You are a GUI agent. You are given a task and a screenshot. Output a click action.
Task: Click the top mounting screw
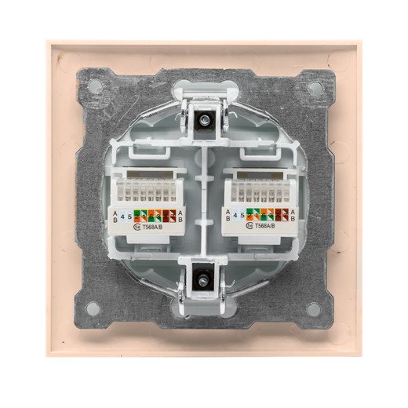point(204,120)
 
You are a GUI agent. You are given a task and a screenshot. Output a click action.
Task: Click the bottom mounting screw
point(204,279)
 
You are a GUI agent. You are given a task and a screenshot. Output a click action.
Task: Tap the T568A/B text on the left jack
point(155,226)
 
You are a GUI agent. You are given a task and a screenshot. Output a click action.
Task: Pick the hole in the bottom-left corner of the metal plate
point(93,308)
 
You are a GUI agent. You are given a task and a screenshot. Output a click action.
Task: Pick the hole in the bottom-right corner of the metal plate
point(314,308)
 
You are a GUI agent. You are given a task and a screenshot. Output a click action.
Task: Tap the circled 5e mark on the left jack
point(137,226)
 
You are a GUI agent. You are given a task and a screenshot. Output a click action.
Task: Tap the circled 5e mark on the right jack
point(248,226)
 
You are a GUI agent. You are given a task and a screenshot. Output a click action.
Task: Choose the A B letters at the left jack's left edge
point(115,217)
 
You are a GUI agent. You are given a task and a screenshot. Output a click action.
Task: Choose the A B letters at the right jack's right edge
point(292,217)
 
